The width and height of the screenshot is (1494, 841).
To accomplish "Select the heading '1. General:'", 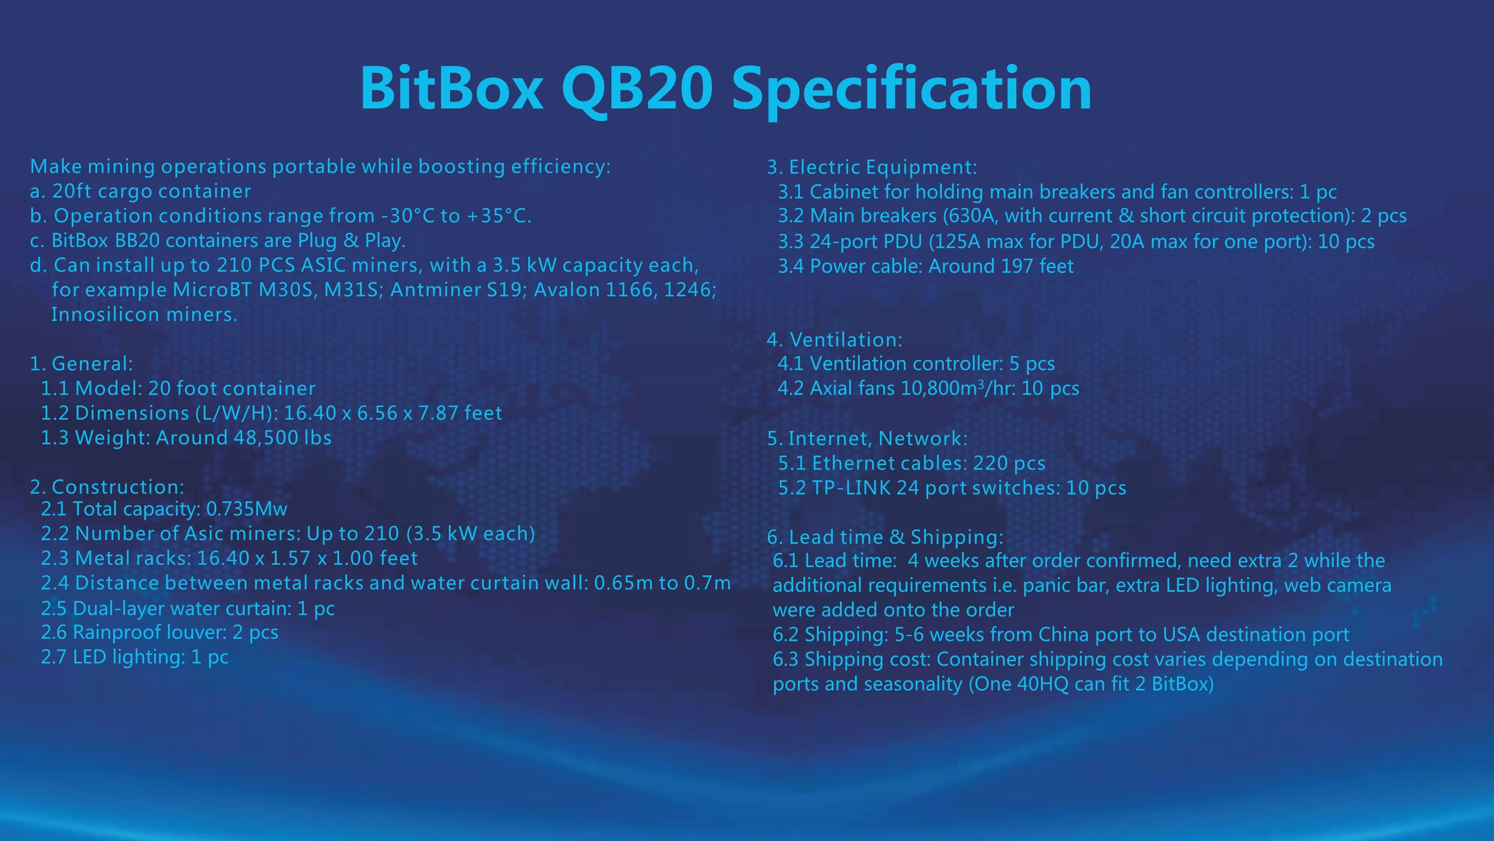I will point(81,364).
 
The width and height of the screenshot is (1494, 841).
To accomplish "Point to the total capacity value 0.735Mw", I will point(247,509).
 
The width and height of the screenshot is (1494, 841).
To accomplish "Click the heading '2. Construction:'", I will point(107,487).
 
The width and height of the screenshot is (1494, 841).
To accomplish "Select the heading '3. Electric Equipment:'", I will point(872,167).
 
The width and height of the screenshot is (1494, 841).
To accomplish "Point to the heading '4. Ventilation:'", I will point(834,339).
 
